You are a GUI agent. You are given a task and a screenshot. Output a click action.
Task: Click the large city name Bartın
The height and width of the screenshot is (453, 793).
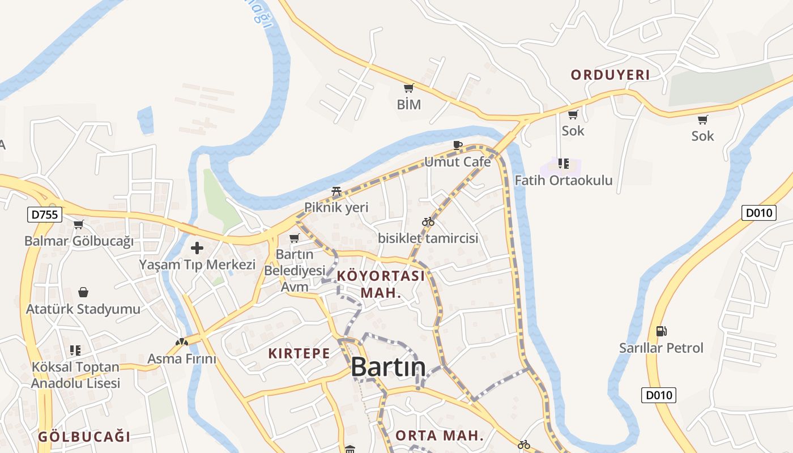click(x=388, y=367)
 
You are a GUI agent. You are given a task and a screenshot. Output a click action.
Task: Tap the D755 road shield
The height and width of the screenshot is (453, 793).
click(x=44, y=215)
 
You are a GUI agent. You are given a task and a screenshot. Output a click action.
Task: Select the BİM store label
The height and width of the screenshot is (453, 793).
click(x=408, y=105)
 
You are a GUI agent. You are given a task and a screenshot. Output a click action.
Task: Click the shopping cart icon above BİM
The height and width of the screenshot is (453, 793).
click(x=408, y=88)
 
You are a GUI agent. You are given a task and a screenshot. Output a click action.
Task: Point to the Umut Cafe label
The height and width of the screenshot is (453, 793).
click(x=458, y=162)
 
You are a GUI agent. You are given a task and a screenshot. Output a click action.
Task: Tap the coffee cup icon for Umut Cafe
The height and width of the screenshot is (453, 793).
click(x=458, y=146)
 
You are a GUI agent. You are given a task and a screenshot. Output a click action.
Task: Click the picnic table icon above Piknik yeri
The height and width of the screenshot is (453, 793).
click(x=336, y=191)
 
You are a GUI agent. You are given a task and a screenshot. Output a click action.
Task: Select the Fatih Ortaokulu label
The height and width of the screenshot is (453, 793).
click(x=564, y=180)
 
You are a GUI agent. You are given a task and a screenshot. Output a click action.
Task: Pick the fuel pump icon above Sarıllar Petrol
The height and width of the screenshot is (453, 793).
click(x=660, y=331)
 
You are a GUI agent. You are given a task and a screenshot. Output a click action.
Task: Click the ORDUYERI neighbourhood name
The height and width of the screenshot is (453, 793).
click(x=610, y=75)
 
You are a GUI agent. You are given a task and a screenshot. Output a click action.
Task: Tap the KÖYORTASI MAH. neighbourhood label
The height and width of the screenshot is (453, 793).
click(x=381, y=284)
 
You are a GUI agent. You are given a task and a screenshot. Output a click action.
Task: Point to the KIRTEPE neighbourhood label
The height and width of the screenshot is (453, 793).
click(x=299, y=353)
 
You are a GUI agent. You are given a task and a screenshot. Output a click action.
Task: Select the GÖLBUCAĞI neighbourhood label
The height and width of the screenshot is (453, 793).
click(x=84, y=437)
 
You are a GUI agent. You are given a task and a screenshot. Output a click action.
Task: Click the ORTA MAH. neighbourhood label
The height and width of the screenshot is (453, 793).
click(x=440, y=435)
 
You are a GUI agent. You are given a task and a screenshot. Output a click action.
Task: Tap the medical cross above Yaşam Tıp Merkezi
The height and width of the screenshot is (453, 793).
click(x=197, y=248)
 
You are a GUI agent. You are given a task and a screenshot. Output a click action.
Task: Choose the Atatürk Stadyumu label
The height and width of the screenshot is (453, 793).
click(x=83, y=309)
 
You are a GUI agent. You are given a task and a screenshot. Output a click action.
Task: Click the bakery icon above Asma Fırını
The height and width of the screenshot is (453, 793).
click(x=181, y=342)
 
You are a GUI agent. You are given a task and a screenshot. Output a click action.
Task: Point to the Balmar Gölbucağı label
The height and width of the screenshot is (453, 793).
click(x=79, y=241)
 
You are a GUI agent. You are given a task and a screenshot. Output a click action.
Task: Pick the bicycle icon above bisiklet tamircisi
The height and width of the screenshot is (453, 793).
click(x=428, y=222)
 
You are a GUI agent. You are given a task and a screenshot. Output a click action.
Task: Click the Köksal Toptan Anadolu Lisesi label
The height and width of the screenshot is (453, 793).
click(x=75, y=375)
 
